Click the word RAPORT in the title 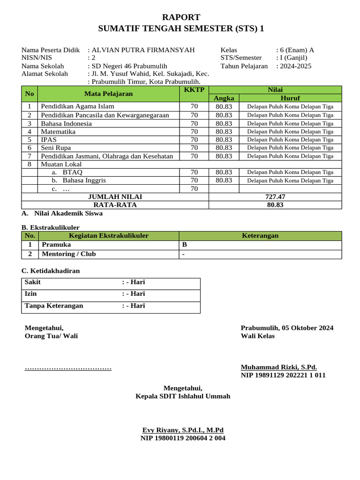180,17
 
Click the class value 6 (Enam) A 297,50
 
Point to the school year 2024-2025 296,66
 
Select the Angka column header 224,98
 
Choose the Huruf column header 290,98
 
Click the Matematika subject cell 58,132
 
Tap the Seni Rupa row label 55,148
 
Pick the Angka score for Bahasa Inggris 224,180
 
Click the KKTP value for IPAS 194,140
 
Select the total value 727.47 275,197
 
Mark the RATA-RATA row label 115,205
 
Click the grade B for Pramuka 184,245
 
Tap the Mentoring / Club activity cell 69,254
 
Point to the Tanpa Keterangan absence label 54,306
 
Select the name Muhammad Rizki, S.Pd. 279,367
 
